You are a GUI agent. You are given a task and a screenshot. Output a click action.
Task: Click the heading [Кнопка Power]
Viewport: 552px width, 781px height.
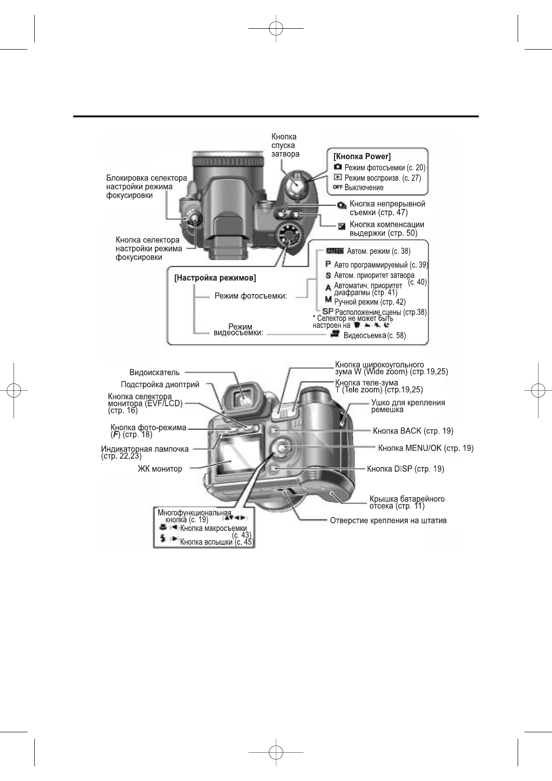pos(362,156)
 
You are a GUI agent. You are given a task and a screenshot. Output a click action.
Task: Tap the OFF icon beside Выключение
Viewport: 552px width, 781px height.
pos(338,187)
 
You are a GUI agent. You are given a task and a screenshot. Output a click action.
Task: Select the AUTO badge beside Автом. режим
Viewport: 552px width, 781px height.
pos(334,251)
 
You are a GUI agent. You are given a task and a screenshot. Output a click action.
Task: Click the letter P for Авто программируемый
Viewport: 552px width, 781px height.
pos(328,264)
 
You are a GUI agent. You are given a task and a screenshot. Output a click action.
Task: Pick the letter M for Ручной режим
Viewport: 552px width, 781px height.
pos(328,300)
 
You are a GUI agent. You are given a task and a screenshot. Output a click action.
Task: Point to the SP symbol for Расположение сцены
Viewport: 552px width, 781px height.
pos(328,311)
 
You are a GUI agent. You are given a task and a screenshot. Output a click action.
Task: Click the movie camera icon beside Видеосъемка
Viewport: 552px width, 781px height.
pos(335,334)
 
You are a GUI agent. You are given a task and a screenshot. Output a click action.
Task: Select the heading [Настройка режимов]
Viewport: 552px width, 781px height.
pos(215,278)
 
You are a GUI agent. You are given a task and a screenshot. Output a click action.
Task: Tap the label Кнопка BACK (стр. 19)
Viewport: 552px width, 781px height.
pos(413,431)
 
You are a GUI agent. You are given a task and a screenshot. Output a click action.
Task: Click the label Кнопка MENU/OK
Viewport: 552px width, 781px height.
pos(426,448)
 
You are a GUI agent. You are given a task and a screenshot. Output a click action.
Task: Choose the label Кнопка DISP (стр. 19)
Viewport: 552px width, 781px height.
pos(405,469)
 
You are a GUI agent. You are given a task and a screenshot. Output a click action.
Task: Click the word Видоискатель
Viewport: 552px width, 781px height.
pos(154,372)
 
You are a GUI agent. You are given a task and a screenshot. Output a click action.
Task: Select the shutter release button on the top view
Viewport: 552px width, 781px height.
pos(296,184)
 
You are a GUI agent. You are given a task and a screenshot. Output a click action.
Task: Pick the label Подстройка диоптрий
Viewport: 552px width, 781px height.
pos(160,384)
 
